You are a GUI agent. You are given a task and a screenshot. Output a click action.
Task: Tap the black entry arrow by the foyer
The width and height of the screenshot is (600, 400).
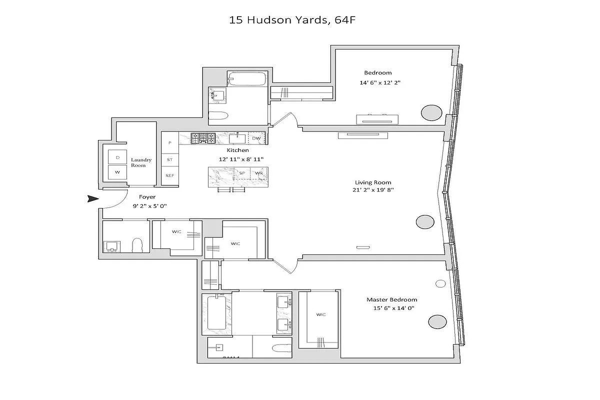pyautogui.click(x=92, y=199)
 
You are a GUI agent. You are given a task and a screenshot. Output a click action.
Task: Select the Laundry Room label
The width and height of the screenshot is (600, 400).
pyautogui.click(x=141, y=162)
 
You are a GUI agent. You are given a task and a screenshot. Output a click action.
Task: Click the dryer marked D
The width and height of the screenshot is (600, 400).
pyautogui.click(x=118, y=157)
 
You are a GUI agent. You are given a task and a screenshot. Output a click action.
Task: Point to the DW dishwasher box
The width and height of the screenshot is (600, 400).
pyautogui.click(x=256, y=138)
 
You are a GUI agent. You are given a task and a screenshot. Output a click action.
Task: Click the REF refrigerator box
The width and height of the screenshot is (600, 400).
pyautogui.click(x=169, y=175)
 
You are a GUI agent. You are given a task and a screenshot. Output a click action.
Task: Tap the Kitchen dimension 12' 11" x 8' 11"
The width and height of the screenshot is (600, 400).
pyautogui.click(x=238, y=159)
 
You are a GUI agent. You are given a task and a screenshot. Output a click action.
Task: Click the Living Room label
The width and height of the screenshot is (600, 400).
pyautogui.click(x=373, y=182)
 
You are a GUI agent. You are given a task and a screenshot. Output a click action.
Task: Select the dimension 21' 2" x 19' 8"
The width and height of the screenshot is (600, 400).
pyautogui.click(x=373, y=189)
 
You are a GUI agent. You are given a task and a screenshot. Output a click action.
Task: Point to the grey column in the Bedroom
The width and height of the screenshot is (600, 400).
pyautogui.click(x=431, y=113)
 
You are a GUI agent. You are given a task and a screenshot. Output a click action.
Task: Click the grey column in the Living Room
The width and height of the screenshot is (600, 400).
pyautogui.click(x=425, y=222)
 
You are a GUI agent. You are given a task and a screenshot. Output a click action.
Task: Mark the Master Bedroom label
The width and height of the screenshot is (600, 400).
pyautogui.click(x=391, y=300)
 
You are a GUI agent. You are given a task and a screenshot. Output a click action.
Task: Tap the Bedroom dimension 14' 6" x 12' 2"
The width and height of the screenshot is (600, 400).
pyautogui.click(x=380, y=82)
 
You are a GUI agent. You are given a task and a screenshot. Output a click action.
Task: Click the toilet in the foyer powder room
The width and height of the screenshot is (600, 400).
pyautogui.click(x=137, y=245)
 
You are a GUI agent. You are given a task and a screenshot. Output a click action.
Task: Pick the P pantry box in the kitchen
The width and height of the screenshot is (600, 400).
pyautogui.click(x=170, y=142)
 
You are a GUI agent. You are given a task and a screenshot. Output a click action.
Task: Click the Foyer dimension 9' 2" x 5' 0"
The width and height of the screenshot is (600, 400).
pyautogui.click(x=147, y=205)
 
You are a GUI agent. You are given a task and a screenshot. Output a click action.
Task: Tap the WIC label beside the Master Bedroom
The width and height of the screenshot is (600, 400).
pyautogui.click(x=321, y=314)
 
